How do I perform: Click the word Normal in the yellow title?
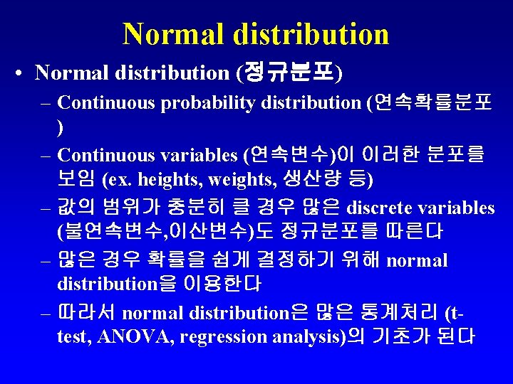(168, 34)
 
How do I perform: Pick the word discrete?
(381, 208)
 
